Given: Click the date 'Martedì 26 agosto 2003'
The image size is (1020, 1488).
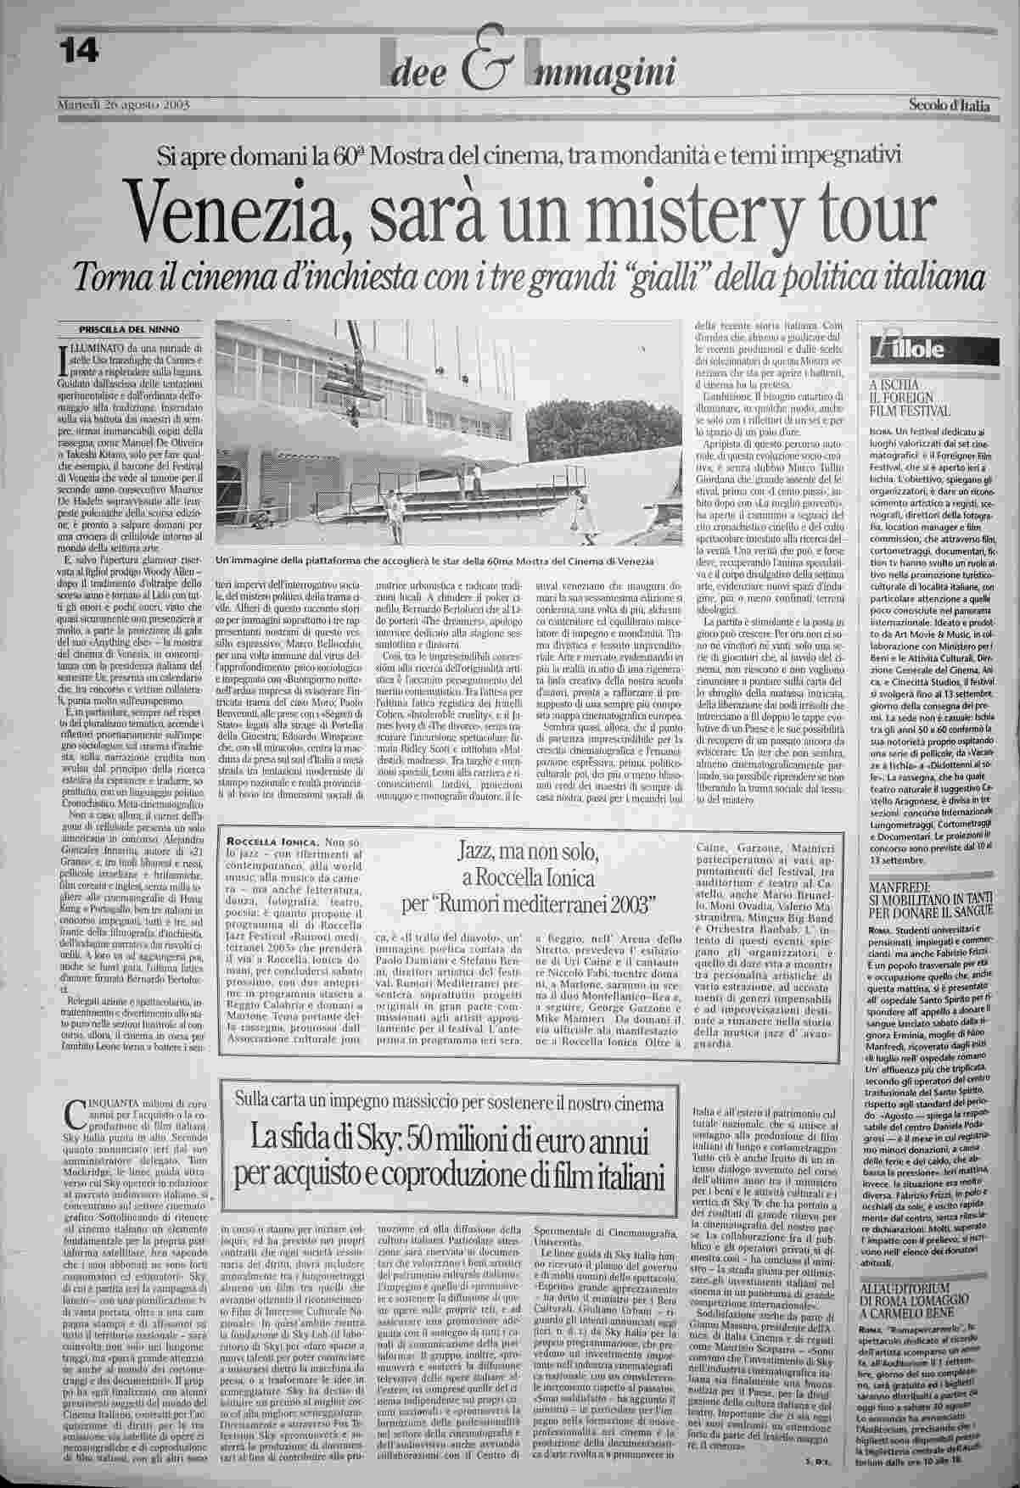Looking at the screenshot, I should pos(122,104).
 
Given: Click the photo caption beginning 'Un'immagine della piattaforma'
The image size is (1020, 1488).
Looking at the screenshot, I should pos(435,561).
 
